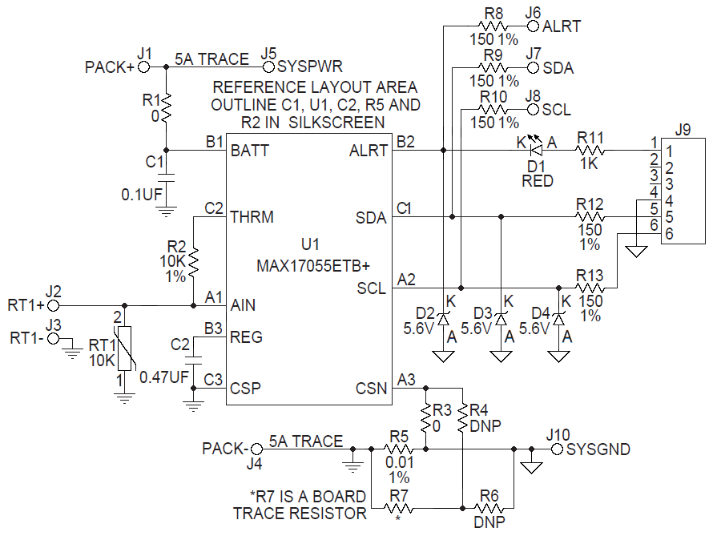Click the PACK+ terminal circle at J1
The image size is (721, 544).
(145, 68)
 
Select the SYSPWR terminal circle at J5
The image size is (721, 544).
(269, 68)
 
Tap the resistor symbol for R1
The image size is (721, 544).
(166, 107)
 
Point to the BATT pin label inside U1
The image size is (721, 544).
(249, 150)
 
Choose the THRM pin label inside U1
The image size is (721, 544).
(252, 217)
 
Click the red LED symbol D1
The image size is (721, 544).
(538, 149)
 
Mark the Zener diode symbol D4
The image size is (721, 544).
(559, 319)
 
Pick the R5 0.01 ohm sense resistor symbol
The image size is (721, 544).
(398, 449)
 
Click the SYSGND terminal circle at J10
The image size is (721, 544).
(557, 449)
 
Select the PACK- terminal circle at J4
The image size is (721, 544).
(256, 449)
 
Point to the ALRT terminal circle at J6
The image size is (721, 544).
(533, 26)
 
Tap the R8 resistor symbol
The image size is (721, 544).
(493, 26)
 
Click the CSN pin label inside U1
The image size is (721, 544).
(371, 389)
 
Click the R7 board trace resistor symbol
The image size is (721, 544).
(398, 507)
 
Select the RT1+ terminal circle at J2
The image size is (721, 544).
(53, 305)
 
